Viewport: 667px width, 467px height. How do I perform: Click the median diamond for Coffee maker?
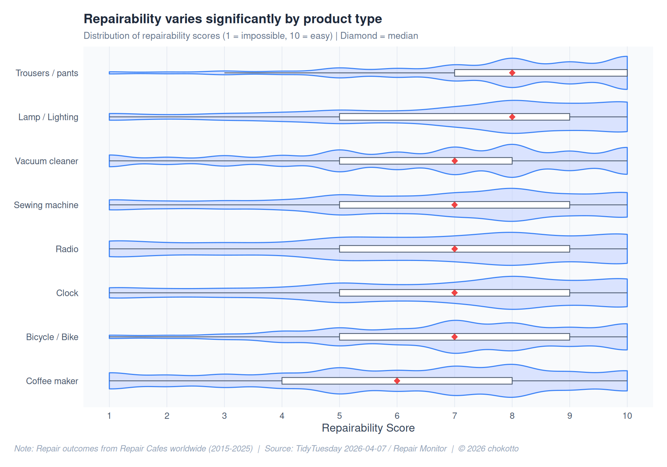(x=397, y=381)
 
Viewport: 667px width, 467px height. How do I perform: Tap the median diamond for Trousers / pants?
(x=512, y=73)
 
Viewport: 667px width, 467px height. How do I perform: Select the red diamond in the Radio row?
(x=454, y=249)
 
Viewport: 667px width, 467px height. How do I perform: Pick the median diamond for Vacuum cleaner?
(x=454, y=161)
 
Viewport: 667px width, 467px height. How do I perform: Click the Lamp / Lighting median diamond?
(x=512, y=117)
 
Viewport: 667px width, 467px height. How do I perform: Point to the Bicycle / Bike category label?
(x=52, y=337)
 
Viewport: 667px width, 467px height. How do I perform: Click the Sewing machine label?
(x=46, y=205)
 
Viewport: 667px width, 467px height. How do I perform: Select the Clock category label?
(x=67, y=293)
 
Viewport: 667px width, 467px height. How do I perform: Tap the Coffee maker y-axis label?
(x=52, y=381)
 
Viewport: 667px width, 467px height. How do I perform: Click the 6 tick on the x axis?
(x=397, y=416)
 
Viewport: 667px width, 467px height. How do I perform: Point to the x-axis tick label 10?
(x=627, y=416)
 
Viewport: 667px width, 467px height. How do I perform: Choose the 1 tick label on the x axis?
(x=109, y=416)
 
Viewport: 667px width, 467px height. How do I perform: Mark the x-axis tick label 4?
(x=282, y=416)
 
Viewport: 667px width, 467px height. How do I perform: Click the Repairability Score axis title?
(x=368, y=428)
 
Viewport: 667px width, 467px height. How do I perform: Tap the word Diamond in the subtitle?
(x=359, y=36)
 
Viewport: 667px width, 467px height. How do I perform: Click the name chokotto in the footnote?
(x=501, y=449)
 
